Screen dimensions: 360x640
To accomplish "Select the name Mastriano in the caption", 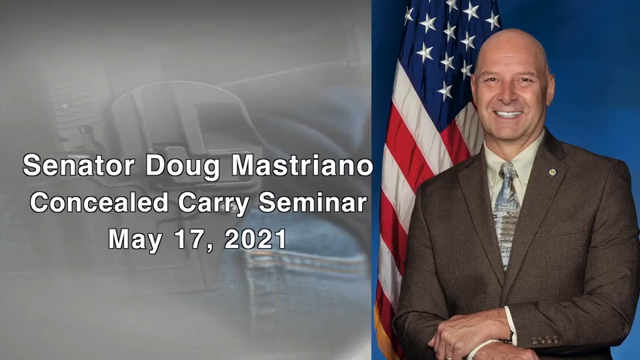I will point(302,166).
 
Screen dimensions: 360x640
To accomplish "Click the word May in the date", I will point(136,238).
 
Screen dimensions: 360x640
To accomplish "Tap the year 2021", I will point(255,238).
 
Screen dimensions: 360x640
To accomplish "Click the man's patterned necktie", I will point(507,213).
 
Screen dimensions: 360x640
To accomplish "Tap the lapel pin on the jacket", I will point(553,173).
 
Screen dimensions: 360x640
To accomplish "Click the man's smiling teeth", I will point(509,115).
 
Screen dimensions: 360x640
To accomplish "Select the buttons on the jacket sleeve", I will point(545,339).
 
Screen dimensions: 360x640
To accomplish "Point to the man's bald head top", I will point(510,43).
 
